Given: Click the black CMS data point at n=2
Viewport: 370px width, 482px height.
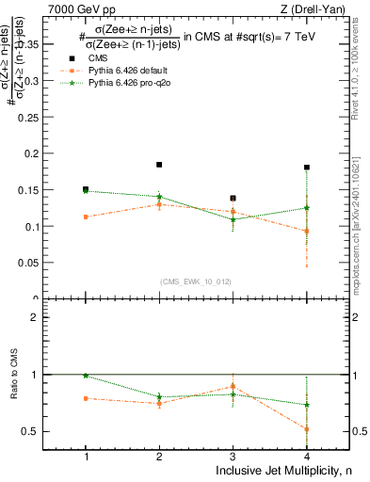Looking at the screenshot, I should tap(159, 165).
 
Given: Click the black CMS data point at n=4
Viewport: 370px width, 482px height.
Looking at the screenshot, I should tap(307, 168).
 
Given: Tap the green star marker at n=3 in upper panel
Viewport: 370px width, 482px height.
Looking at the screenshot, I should tap(233, 219).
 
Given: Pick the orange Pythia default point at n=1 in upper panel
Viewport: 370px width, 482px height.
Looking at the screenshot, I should tap(86, 217).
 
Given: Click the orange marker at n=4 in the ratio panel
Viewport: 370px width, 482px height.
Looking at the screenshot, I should tap(307, 428).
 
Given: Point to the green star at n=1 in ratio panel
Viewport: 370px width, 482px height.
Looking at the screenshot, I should tap(86, 376).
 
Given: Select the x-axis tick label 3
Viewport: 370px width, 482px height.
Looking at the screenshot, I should tap(233, 456).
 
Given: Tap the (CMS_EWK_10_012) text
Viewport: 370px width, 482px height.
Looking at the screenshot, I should tap(196, 281).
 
